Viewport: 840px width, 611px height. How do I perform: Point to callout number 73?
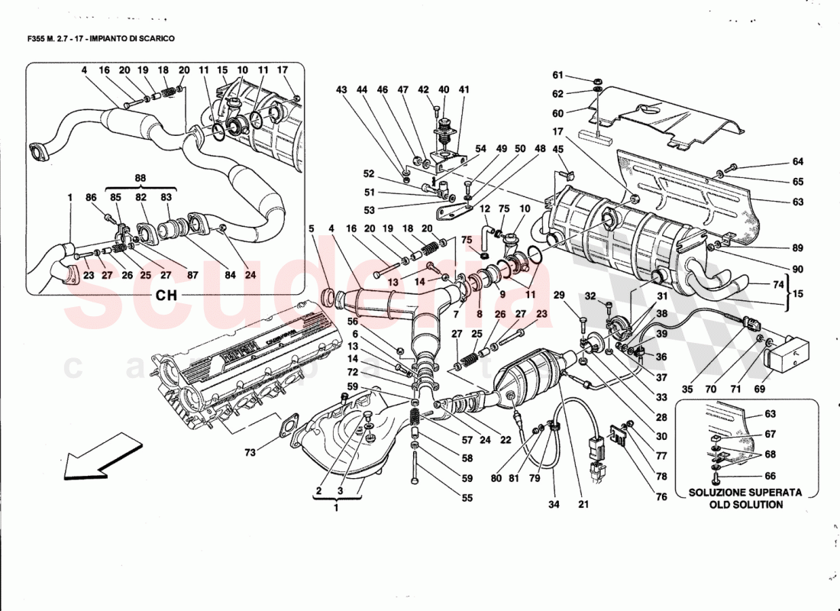point(250,453)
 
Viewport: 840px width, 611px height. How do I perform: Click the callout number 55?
point(467,498)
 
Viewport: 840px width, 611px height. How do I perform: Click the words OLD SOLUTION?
point(745,505)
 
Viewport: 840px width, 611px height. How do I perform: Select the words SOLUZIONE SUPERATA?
point(745,493)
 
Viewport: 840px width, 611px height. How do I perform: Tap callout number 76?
point(661,497)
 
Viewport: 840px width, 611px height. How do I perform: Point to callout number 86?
point(92,198)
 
